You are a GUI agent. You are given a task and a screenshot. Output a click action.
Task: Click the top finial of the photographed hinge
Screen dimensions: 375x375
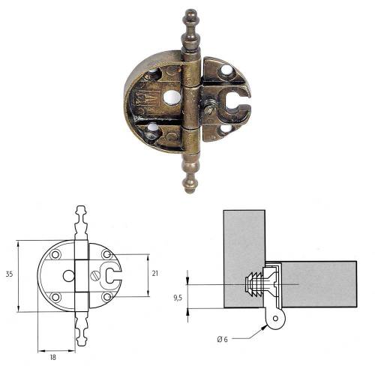[x=190, y=28]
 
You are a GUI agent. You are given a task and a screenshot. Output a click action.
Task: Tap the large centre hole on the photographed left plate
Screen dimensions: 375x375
[x=173, y=97]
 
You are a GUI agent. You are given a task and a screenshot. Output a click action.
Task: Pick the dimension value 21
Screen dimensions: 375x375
[x=154, y=275]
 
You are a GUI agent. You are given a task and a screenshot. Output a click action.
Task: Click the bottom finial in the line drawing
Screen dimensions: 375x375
[x=82, y=334]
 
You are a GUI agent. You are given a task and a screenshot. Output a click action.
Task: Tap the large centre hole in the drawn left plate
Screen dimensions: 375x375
[x=68, y=275]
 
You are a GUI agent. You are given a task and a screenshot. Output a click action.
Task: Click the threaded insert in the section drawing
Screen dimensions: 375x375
[x=255, y=285]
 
